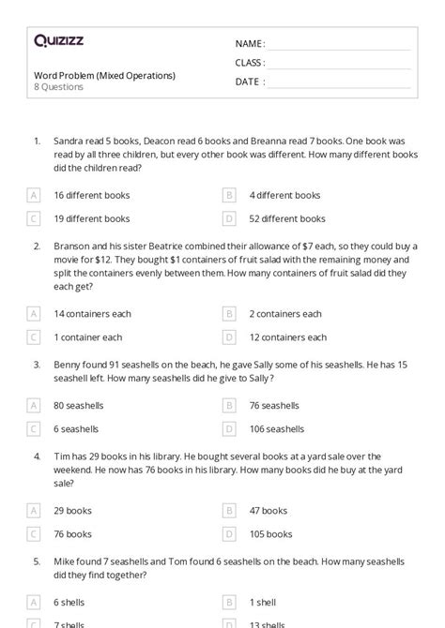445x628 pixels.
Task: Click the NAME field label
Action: [250, 44]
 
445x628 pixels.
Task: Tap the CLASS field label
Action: [250, 63]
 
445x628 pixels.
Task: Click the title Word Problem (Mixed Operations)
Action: [104, 75]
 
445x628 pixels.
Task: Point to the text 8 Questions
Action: [58, 87]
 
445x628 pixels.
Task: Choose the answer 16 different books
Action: [92, 196]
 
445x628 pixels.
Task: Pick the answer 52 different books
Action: [287, 218]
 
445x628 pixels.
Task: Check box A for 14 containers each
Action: [34, 314]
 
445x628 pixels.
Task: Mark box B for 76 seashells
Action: [229, 406]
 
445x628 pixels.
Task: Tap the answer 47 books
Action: [269, 511]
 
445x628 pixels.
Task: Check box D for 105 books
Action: [229, 533]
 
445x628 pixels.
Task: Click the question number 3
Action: [37, 363]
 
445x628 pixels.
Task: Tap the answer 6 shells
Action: [70, 602]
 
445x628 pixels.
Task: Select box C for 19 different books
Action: [34, 218]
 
